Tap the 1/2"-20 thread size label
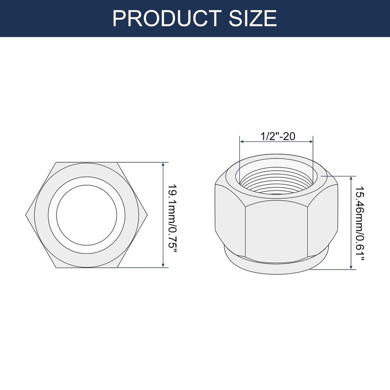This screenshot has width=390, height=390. coord(276,136)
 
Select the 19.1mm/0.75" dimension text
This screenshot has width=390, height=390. coord(172,214)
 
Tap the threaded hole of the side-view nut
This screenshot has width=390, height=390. coord(276,180)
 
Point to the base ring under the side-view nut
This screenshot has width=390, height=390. coord(276,267)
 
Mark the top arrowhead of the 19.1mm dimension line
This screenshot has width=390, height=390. coord(163,164)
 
